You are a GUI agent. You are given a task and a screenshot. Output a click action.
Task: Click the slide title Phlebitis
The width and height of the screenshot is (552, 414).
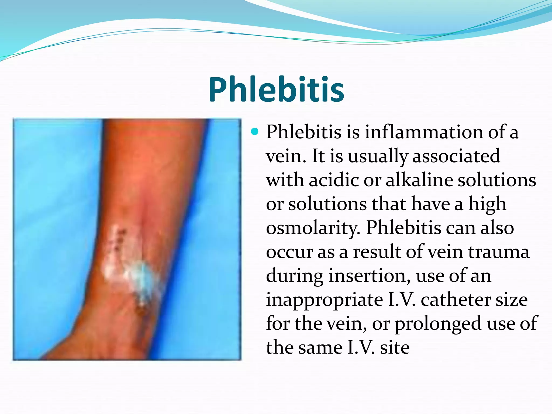[276, 89]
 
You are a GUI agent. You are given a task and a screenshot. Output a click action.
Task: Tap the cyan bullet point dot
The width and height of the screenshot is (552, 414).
[254, 132]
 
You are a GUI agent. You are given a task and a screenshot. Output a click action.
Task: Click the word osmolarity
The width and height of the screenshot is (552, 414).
[313, 228]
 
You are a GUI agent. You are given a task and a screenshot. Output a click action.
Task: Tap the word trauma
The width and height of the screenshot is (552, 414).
[499, 252]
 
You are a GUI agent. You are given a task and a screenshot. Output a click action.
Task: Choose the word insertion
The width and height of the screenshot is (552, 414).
[369, 276]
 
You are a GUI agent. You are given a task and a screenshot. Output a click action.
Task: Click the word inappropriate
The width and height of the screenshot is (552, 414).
[325, 300]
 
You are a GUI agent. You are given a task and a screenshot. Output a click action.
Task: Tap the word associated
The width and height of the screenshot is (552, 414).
[456, 156]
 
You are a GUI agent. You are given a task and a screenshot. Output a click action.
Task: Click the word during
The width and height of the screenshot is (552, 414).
[295, 276]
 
